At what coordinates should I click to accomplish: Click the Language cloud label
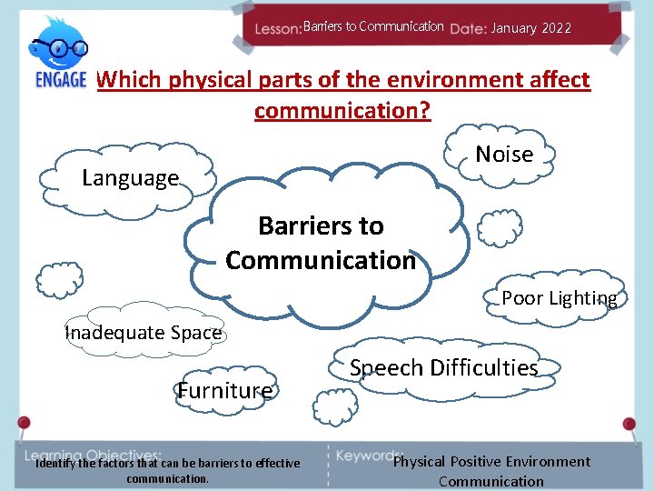(130, 178)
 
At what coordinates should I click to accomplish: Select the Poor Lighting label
(559, 298)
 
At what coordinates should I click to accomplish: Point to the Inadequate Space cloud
(144, 332)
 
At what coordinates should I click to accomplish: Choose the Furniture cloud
(224, 391)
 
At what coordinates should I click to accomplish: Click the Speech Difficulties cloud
(443, 368)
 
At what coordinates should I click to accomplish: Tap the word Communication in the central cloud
(320, 261)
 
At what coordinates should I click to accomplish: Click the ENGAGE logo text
(60, 78)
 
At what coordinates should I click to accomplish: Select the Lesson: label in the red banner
(277, 28)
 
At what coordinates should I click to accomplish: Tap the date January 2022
(530, 28)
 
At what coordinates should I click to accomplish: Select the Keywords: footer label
(368, 454)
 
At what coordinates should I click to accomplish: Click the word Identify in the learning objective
(58, 464)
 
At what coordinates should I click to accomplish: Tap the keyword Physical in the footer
(419, 462)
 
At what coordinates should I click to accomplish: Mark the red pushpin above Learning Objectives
(24, 424)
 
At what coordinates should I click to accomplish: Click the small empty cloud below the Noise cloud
(499, 228)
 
